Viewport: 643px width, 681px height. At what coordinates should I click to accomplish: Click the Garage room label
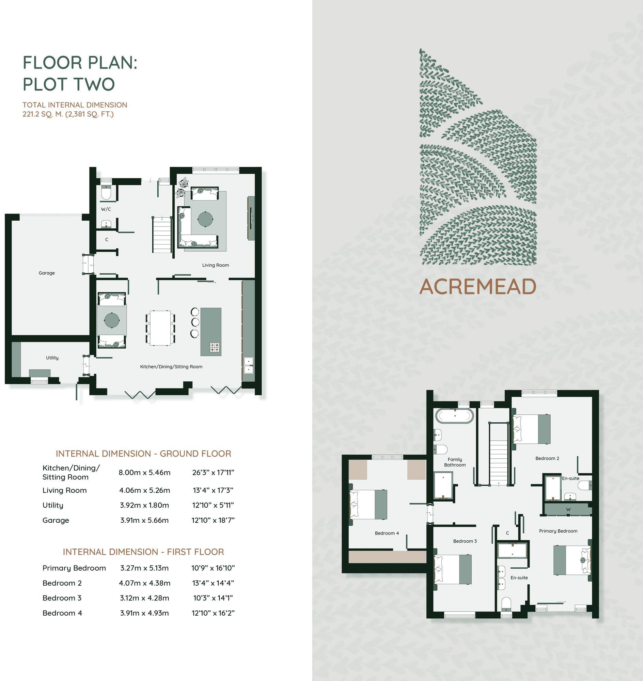[x=47, y=273]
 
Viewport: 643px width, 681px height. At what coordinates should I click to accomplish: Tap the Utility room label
[x=52, y=358]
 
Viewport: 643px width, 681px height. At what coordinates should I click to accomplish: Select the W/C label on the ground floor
[x=106, y=209]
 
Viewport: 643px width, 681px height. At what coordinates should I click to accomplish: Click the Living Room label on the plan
[x=215, y=265]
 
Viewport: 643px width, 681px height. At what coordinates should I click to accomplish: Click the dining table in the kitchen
[x=160, y=328]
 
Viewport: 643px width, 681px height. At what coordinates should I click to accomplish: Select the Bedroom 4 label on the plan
[x=387, y=533]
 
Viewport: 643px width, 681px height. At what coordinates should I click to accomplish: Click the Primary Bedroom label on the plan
[x=558, y=531]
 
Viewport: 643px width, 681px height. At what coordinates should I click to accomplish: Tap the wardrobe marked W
[x=568, y=509]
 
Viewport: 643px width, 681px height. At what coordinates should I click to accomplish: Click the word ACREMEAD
[x=478, y=286]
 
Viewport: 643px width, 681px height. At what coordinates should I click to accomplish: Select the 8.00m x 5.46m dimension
[x=144, y=473]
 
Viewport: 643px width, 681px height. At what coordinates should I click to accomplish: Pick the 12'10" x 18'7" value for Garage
[x=213, y=520]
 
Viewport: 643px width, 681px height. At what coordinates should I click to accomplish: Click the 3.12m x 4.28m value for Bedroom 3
[x=144, y=598]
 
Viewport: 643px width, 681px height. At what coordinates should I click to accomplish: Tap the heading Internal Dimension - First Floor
[x=143, y=552]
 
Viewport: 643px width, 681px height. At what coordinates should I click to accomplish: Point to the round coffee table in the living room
[x=205, y=219]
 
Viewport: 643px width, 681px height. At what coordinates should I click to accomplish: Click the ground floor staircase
[x=161, y=235]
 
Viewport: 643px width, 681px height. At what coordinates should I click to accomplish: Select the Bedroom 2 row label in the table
[x=62, y=583]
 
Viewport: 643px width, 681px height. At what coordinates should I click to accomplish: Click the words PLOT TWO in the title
[x=69, y=84]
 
